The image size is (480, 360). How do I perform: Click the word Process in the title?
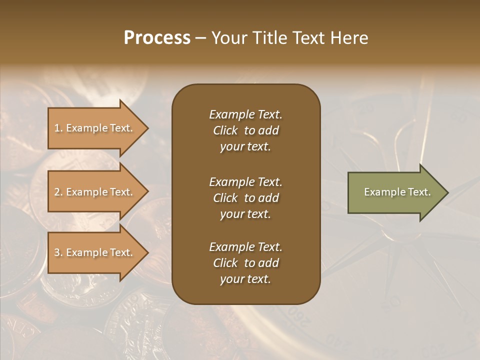[157, 38]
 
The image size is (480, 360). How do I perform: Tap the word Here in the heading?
[349, 38]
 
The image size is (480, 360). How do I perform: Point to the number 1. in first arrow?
[58, 128]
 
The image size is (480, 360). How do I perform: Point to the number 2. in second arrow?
[58, 192]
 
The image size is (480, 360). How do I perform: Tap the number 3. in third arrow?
[58, 252]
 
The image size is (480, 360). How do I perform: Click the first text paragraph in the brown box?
[245, 130]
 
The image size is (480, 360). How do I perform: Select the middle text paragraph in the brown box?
[245, 198]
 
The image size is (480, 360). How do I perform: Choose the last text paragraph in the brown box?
[245, 263]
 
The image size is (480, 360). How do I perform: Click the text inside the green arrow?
[397, 192]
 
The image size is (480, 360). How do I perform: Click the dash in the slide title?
[201, 38]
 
